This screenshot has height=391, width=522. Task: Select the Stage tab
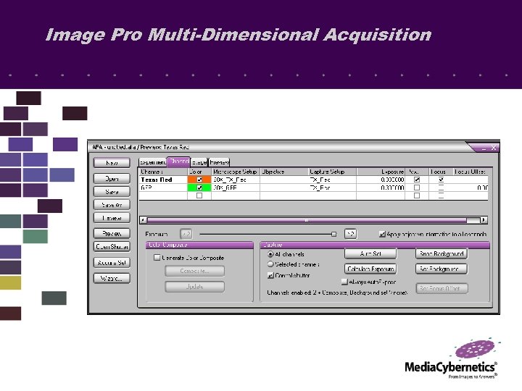pos(199,162)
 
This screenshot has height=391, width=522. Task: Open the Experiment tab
pos(152,162)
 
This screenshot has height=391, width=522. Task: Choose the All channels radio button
pos(270,254)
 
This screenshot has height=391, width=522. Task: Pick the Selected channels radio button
pos(270,264)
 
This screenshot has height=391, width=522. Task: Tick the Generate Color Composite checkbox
pos(157,258)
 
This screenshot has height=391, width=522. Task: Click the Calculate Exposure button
pos(370,269)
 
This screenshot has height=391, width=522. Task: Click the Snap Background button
pos(441,254)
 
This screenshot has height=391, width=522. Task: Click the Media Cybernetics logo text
pos(450,367)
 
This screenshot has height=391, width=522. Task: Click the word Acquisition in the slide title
pos(377,35)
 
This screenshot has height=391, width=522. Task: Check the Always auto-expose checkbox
pos(345,280)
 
